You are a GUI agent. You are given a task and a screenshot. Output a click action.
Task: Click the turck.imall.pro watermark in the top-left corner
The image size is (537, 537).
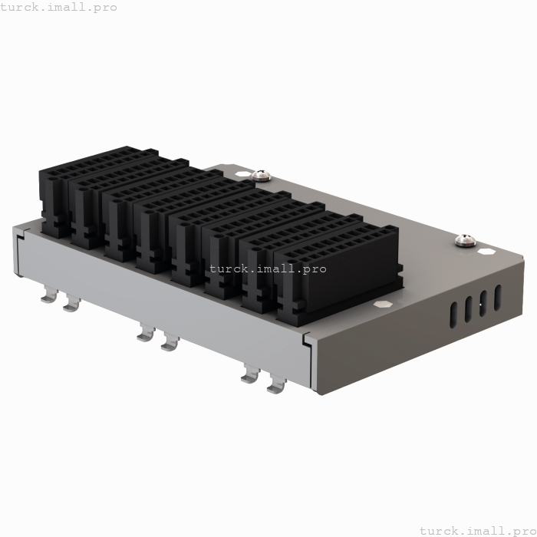[59, 7]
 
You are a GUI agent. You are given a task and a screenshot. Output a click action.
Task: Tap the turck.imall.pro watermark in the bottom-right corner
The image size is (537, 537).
[477, 530]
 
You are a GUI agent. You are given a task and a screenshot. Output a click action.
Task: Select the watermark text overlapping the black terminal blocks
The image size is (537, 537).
[268, 268]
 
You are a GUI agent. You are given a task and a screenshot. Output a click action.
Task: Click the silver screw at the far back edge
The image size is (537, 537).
[262, 175]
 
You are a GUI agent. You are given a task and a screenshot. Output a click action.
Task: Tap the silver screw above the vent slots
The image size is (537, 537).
[463, 240]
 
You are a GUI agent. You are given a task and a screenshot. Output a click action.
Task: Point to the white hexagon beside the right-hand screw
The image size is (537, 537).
[485, 249]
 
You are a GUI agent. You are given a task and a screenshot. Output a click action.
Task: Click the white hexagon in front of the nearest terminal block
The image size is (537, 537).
[382, 304]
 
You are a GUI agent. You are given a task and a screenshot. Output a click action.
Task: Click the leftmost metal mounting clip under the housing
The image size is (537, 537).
[49, 295]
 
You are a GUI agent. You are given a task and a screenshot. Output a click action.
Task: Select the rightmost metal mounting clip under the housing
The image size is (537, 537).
[275, 385]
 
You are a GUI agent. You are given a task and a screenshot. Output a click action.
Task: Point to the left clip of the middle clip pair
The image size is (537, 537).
[145, 334]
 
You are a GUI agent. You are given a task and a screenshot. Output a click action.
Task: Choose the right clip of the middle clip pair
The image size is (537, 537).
[170, 343]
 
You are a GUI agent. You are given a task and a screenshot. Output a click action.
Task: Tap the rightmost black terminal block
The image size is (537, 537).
[338, 268]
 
